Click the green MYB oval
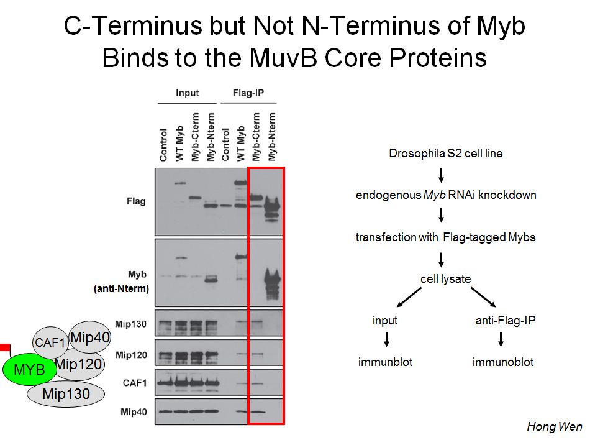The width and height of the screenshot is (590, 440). pos(29,369)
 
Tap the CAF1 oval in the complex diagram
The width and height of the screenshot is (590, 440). pos(50,342)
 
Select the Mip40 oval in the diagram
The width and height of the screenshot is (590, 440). pos(90,337)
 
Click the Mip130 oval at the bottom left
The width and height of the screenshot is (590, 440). pos(66,394)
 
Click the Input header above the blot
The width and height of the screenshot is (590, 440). pos(187,93)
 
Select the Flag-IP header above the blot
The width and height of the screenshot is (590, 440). pos(248,93)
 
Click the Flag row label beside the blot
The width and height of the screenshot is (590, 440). pos(136,201)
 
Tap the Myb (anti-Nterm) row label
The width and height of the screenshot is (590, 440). pos(121,281)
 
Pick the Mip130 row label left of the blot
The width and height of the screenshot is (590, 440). pos(130,324)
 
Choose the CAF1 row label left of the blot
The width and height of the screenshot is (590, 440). pos(134,383)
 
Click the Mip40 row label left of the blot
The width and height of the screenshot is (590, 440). pos(134,412)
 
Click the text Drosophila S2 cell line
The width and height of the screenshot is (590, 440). pos(445,153)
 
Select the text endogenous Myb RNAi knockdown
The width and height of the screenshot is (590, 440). pos(446,195)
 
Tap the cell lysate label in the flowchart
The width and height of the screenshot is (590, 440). pos(445,279)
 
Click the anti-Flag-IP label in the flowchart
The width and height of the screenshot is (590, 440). pos(506,320)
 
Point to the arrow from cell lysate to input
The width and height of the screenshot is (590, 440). pos(409,297)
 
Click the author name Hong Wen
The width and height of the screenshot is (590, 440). pos(554,426)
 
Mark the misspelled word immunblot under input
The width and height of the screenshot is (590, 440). pos(385,362)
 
